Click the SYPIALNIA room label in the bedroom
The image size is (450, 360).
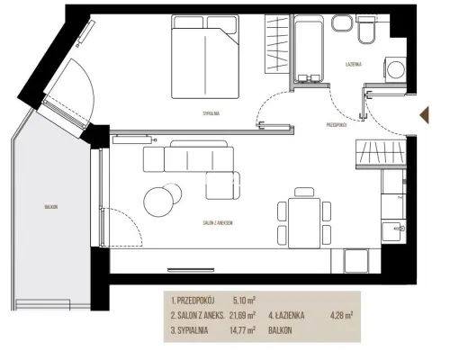(211, 113)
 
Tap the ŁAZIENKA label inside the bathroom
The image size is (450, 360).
(354, 64)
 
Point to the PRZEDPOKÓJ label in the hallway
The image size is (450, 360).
(337, 125)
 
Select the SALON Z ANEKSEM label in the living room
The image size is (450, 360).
(218, 223)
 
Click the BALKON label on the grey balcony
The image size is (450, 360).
(51, 207)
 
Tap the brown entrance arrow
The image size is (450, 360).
(425, 115)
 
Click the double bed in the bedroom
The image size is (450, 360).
(205, 57)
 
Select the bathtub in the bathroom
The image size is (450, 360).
(309, 49)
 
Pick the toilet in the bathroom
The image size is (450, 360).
(366, 30)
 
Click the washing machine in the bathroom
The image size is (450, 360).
(395, 69)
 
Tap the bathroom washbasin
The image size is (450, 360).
(342, 23)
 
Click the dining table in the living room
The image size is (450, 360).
(304, 222)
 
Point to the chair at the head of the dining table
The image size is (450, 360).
(304, 192)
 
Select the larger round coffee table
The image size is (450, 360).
(158, 202)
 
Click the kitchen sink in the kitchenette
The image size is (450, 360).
(393, 230)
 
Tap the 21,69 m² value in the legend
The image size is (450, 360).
(242, 315)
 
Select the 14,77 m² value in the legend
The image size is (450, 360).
(242, 330)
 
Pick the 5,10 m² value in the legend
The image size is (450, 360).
(244, 300)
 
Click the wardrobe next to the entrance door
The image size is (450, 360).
(381, 154)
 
